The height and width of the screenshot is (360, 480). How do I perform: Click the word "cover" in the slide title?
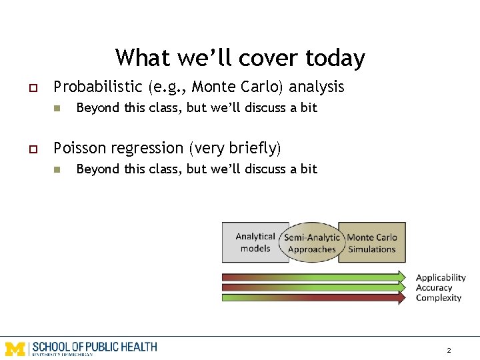261,58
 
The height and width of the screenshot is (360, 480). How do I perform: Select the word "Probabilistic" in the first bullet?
98,87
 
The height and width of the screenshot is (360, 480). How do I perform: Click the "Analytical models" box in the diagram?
255,242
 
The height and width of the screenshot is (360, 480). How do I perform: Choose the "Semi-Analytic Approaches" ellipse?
312,243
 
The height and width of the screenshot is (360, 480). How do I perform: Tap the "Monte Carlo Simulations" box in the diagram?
372,242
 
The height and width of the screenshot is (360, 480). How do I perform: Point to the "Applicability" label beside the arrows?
441,277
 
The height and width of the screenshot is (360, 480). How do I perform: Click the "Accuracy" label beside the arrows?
434,288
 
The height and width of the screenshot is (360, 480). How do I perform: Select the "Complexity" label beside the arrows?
439,298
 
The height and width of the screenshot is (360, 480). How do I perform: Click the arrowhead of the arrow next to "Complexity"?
402,298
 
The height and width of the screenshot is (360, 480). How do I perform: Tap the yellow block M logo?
15,348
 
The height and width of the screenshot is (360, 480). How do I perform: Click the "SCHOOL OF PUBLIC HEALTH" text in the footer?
95,347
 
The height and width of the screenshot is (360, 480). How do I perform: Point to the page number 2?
449,350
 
